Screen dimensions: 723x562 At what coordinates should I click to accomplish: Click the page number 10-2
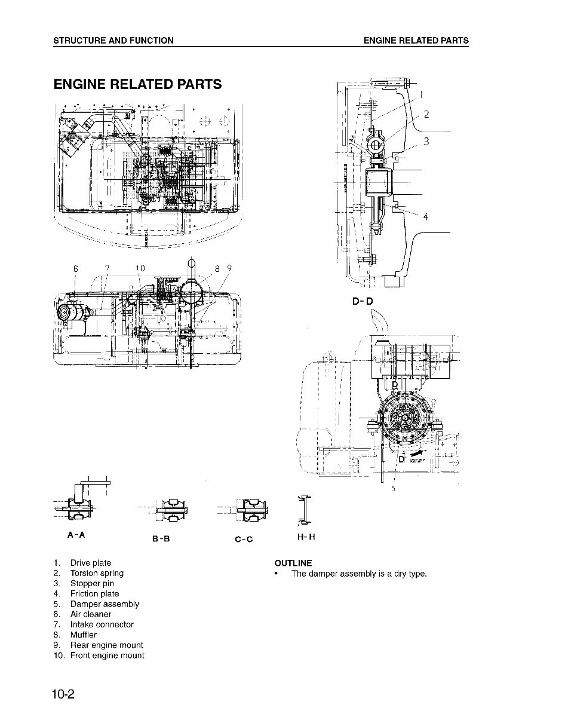point(66,694)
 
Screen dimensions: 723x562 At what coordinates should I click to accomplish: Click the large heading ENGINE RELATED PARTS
point(137,84)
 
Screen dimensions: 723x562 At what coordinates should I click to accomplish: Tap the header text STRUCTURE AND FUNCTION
point(113,41)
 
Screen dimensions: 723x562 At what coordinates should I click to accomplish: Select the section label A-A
point(76,535)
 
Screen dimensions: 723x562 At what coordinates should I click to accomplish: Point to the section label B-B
point(161,538)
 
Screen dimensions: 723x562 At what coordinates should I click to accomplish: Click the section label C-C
point(244,539)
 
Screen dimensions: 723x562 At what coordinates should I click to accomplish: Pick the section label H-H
point(306,537)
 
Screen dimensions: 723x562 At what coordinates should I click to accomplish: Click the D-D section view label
point(362,301)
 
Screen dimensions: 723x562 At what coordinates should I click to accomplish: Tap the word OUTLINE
point(293,563)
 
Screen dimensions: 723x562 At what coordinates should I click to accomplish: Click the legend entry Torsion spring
point(97,573)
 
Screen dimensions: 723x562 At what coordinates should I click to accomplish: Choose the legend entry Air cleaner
point(91,614)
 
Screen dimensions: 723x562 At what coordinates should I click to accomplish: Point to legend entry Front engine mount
point(107,655)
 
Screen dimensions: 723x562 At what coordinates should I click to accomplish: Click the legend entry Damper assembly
point(105,603)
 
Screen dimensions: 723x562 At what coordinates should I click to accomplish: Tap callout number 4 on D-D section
point(426,217)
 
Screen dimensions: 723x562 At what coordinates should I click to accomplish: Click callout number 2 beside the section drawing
point(426,115)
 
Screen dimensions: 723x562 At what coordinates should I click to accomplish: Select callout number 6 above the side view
point(76,269)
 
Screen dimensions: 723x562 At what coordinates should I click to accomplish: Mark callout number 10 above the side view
point(140,269)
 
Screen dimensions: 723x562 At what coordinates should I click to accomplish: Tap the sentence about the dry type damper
point(359,574)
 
